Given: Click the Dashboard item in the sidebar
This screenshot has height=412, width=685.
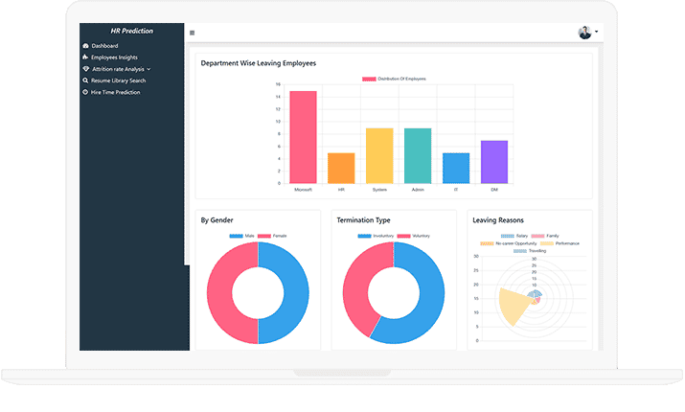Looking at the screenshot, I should (x=104, y=46).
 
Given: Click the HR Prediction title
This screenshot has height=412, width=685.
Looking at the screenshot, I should (x=131, y=31).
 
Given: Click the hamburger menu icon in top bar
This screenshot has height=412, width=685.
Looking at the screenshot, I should (x=193, y=33).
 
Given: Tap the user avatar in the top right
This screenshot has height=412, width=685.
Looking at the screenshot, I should (x=585, y=33).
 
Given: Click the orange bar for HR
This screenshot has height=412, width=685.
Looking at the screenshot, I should (x=341, y=168).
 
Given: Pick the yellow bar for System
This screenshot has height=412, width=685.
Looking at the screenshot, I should (x=379, y=155).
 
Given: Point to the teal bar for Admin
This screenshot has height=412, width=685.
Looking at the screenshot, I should (x=418, y=155).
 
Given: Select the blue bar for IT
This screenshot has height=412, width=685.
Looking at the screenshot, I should (x=456, y=168).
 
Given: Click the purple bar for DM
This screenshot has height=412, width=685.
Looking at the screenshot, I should (x=494, y=162).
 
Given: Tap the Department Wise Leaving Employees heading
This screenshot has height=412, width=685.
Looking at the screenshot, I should (x=258, y=63).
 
